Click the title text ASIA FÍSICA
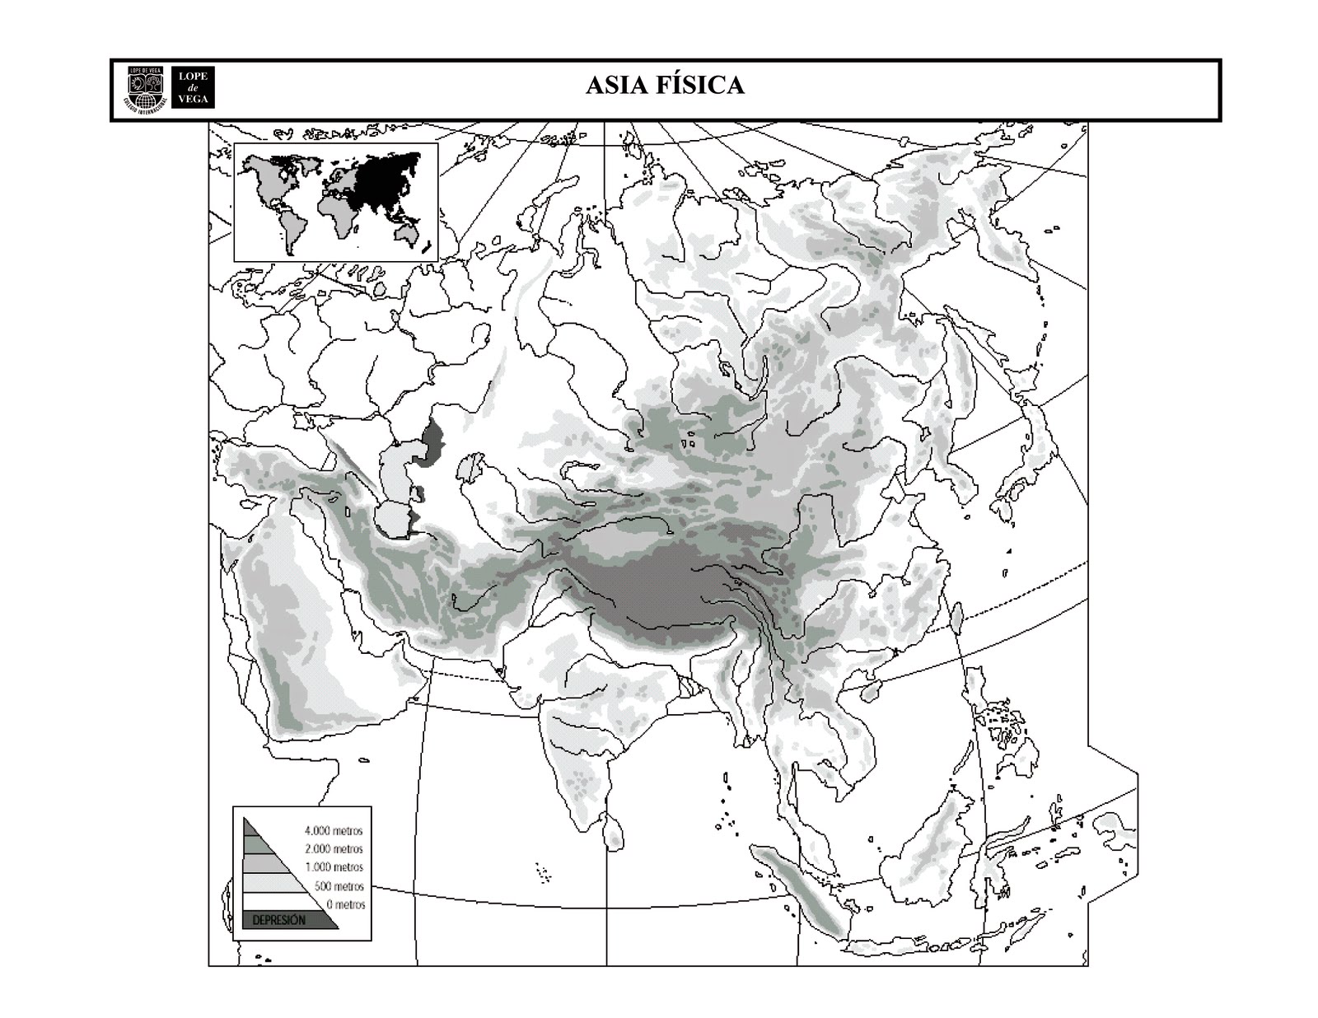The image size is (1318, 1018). pos(665,86)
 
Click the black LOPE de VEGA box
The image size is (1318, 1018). pos(193,87)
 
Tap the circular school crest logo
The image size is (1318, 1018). pos(145,87)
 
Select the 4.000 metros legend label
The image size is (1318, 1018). pos(334,831)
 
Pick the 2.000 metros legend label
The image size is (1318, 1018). pos(334,849)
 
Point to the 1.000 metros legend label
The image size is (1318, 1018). pos(334,867)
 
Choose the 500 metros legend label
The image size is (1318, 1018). pos(339,886)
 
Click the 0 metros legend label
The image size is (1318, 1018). pos(344,904)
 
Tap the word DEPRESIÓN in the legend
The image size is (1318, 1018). pos(278,921)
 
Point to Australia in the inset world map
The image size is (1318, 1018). pos(406,233)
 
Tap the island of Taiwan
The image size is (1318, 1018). pos(956,617)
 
